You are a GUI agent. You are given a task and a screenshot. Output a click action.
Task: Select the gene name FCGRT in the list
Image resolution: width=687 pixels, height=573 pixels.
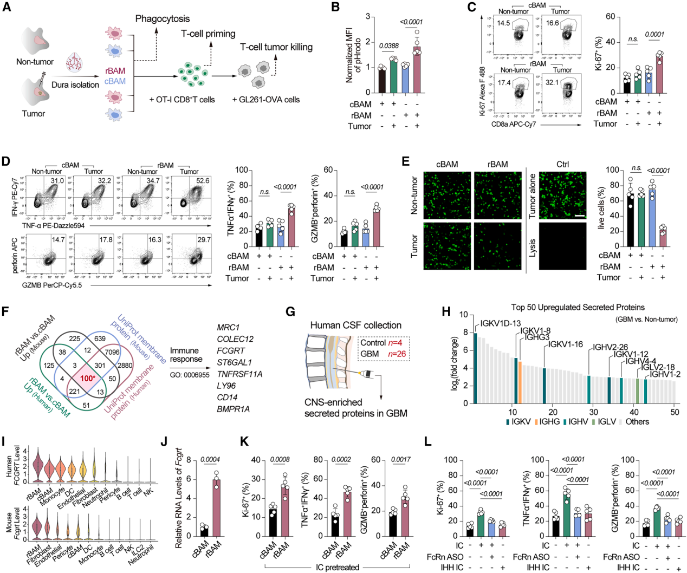tap(228, 350)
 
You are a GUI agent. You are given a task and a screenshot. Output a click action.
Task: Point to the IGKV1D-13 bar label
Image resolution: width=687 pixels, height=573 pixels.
tap(500, 324)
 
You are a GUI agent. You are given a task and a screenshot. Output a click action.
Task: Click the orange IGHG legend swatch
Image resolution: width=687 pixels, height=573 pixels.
tap(536, 421)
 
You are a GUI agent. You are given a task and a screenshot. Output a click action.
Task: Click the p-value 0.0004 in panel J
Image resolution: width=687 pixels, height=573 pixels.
tap(210, 460)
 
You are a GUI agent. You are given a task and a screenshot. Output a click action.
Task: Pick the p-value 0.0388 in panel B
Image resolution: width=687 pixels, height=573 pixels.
tap(388, 46)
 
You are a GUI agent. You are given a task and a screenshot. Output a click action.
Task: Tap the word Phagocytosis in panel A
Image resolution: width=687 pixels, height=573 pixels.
tap(163, 19)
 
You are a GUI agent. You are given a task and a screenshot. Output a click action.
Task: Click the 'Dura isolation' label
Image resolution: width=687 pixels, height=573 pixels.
tap(75, 84)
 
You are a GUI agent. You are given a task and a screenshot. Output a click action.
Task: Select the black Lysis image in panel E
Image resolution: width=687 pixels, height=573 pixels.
tap(562, 246)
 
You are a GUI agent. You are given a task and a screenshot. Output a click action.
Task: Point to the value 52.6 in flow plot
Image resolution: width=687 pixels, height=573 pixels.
tap(203, 180)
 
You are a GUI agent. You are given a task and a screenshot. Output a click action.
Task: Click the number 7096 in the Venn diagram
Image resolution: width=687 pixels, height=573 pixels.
tap(127, 352)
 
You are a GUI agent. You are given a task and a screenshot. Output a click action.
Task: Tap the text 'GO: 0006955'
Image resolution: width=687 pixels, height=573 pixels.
tap(190, 375)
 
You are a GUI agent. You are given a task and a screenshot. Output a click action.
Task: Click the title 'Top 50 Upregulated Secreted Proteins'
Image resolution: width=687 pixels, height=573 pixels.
tap(578, 307)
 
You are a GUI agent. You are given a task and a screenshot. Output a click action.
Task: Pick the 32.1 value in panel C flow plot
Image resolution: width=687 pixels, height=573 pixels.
tap(552, 82)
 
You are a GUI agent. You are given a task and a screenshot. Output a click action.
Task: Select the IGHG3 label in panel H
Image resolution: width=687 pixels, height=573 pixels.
tap(536, 337)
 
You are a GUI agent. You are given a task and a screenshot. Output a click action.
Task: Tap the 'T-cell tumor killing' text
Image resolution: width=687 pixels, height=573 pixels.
tap(276, 47)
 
